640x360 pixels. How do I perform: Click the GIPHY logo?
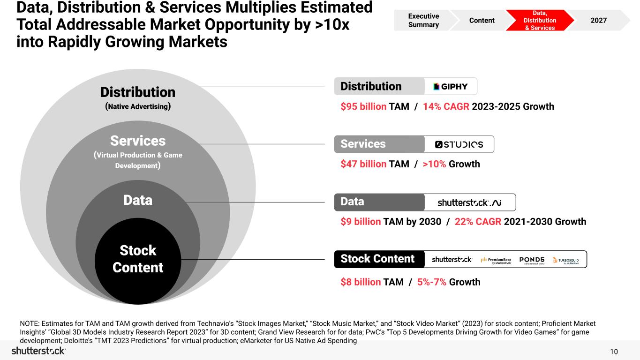click(x=451, y=87)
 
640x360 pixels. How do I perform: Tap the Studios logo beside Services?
click(x=459, y=144)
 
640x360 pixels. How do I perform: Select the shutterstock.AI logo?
click(x=469, y=202)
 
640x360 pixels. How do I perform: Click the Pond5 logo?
click(x=532, y=260)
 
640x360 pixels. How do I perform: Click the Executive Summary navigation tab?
click(x=423, y=20)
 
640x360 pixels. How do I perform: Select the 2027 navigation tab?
click(x=599, y=20)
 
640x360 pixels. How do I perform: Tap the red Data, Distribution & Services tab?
click(x=540, y=21)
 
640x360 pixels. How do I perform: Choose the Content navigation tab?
click(x=482, y=20)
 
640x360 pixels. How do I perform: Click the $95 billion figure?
click(x=363, y=106)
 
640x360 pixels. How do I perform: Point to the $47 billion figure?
click(x=363, y=164)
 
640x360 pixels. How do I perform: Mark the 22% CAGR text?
click(x=478, y=222)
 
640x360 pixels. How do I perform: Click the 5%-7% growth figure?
click(x=432, y=282)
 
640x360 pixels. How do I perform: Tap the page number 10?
click(x=614, y=352)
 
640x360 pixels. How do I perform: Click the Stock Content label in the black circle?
click(x=138, y=259)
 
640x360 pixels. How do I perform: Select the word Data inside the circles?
click(x=138, y=201)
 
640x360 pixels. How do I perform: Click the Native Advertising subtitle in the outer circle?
click(x=138, y=106)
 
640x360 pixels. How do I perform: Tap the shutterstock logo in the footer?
click(x=38, y=351)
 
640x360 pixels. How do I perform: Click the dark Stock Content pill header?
click(x=377, y=259)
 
